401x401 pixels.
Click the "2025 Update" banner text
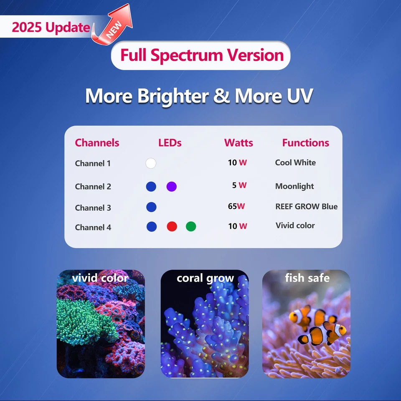(x=51, y=28)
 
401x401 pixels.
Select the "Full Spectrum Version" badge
(x=201, y=55)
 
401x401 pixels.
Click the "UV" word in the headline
(x=297, y=96)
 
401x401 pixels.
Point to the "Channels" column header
(x=97, y=143)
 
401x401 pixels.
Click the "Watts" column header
(x=239, y=143)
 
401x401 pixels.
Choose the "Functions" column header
(x=305, y=143)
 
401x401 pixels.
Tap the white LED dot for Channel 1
(x=151, y=163)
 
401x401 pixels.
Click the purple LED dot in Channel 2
(x=171, y=187)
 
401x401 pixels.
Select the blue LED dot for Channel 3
(x=151, y=207)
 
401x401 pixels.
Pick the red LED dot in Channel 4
(x=172, y=226)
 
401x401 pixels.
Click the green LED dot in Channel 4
(x=191, y=226)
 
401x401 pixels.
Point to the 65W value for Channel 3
(x=236, y=206)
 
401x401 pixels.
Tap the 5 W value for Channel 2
(x=239, y=185)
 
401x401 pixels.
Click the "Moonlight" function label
(x=294, y=186)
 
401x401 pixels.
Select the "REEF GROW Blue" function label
(x=306, y=206)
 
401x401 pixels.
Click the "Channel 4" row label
(x=93, y=227)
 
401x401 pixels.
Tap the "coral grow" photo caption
(x=205, y=279)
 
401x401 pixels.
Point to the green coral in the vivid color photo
(x=84, y=317)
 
